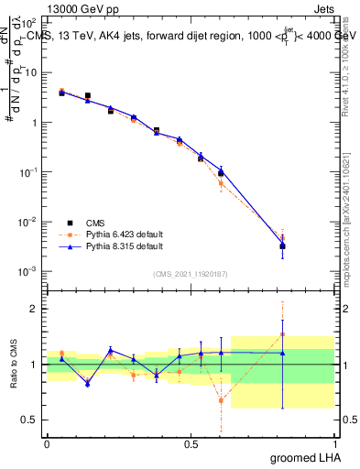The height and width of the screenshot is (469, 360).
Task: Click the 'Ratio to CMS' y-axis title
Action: tap(15, 365)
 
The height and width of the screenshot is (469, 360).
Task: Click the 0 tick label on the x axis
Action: tap(47, 443)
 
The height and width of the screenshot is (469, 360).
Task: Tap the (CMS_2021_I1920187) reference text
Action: tap(190, 274)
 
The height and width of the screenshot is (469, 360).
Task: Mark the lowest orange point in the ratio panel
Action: tap(221, 400)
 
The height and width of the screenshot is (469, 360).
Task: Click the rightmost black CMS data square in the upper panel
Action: tap(283, 245)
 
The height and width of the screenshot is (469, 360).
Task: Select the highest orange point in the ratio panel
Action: tap(283, 333)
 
